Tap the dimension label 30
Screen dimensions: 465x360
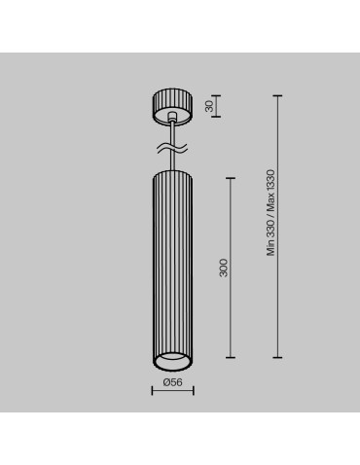point(207,105)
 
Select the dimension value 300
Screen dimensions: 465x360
point(223,268)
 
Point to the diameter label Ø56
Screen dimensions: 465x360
point(173,382)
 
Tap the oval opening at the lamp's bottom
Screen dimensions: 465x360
point(173,363)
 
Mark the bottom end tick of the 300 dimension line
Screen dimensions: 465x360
point(231,357)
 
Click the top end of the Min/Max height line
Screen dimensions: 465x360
point(278,95)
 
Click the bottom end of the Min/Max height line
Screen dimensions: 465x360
point(278,357)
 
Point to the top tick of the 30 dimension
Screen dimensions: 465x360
point(216,95)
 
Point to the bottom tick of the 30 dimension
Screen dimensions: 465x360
point(216,115)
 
